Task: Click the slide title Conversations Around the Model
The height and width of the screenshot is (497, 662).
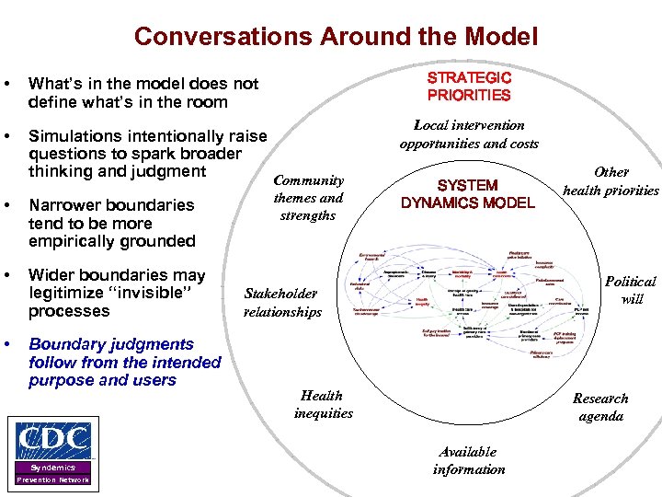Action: (336, 37)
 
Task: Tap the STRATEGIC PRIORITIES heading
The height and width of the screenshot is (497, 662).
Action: (469, 87)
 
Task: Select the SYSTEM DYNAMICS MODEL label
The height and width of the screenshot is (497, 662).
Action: (467, 194)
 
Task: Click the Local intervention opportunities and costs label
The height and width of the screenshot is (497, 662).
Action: (469, 134)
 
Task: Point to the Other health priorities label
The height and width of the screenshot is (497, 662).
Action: (611, 181)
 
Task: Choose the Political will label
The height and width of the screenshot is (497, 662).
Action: (631, 290)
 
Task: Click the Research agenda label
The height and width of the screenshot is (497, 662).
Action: (599, 407)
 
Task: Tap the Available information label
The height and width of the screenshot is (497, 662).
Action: (468, 460)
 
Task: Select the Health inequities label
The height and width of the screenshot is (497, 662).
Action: (323, 404)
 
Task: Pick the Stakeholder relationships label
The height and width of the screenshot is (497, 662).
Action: (282, 303)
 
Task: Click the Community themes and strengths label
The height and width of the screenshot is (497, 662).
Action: (308, 198)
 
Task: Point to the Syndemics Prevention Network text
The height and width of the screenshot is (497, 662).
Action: (52, 473)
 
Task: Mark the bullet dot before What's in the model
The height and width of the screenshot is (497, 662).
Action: (8, 84)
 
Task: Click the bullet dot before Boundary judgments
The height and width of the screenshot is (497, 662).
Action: (8, 344)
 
